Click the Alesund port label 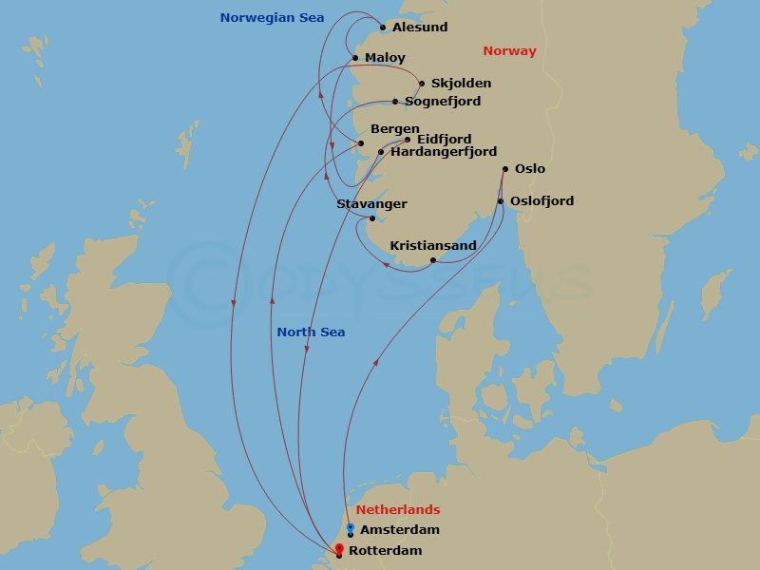(419, 28)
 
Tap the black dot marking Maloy (355, 58)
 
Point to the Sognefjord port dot (395, 102)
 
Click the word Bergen (394, 129)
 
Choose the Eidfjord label (444, 140)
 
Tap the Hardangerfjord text (444, 152)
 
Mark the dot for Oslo (504, 170)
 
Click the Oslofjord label (541, 201)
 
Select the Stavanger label (371, 204)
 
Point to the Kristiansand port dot (433, 260)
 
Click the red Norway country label (509, 51)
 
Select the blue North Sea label (311, 332)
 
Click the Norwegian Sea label (272, 18)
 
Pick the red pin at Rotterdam (339, 549)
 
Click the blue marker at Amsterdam (351, 528)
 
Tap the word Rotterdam (385, 551)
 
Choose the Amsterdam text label (400, 530)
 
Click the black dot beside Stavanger (372, 219)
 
